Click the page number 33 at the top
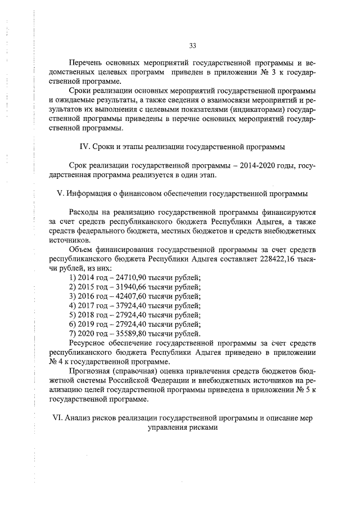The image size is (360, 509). coord(192,45)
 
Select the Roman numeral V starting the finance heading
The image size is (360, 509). coord(61,193)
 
